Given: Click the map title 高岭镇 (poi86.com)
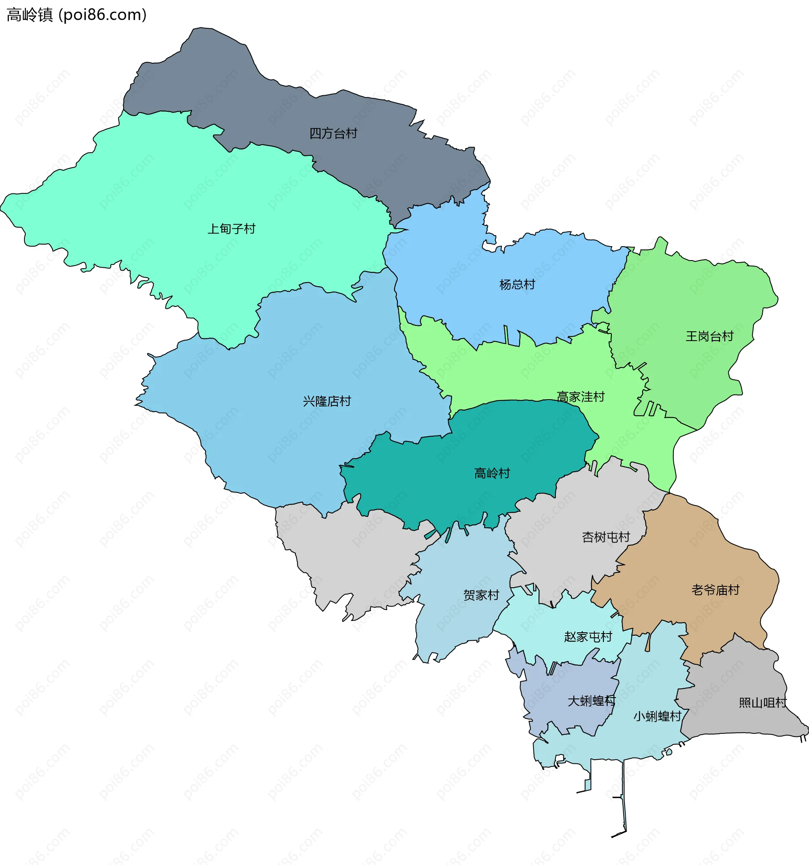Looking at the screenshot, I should pyautogui.click(x=77, y=15).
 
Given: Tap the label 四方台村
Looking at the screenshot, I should pyautogui.click(x=333, y=134).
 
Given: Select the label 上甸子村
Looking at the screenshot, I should pyautogui.click(x=231, y=229).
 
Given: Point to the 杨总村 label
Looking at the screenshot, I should pyautogui.click(x=517, y=285).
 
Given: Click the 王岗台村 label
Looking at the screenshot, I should pyautogui.click(x=710, y=336).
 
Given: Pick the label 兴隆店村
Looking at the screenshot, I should pyautogui.click(x=327, y=401).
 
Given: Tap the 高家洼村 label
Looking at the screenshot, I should pyautogui.click(x=581, y=397).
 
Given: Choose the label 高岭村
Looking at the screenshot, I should pyautogui.click(x=491, y=473).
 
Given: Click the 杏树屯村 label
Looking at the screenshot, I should pyautogui.click(x=605, y=537).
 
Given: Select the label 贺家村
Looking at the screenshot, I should pyautogui.click(x=481, y=595).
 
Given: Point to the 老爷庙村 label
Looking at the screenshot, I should pyautogui.click(x=715, y=590).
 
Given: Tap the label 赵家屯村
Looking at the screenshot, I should pyautogui.click(x=588, y=637).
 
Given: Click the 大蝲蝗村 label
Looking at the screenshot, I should pyautogui.click(x=592, y=701).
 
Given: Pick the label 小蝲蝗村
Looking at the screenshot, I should pyautogui.click(x=657, y=716).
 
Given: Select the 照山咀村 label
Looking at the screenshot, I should pyautogui.click(x=763, y=703).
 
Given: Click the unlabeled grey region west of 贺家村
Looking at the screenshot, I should pyautogui.click(x=356, y=553).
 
